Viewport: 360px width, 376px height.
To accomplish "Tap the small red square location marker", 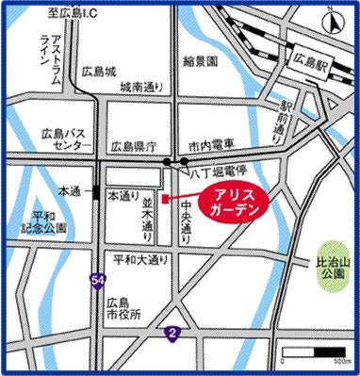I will (164, 199).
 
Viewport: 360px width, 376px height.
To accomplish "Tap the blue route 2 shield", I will (172, 333).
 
